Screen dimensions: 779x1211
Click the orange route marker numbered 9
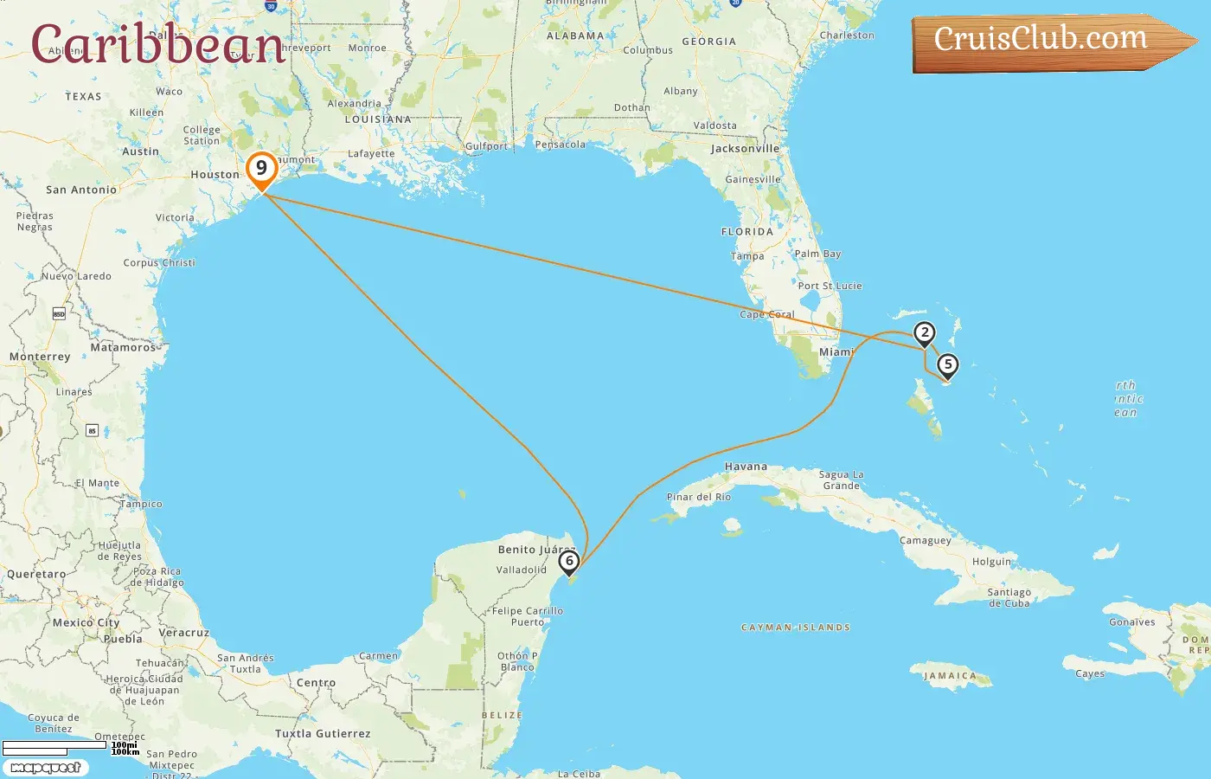pyautogui.click(x=261, y=169)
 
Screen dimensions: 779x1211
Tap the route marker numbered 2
pyautogui.click(x=925, y=333)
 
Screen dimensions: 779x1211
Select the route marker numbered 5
pyautogui.click(x=948, y=365)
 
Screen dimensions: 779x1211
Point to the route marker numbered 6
pyautogui.click(x=569, y=562)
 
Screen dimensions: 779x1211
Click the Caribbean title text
pyautogui.click(x=158, y=43)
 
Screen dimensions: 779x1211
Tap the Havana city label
pyautogui.click(x=746, y=467)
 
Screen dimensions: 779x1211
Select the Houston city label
pyautogui.click(x=215, y=175)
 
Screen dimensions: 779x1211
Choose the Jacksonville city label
pyautogui.click(x=745, y=149)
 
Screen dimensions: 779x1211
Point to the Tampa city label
pyautogui.click(x=747, y=256)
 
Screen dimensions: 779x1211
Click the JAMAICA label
pyautogui.click(x=950, y=676)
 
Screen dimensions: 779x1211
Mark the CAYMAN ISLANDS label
pyautogui.click(x=796, y=628)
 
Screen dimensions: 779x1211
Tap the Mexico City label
pyautogui.click(x=86, y=622)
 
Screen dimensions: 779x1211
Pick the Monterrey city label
pyautogui.click(x=40, y=357)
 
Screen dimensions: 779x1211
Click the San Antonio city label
pyautogui.click(x=81, y=190)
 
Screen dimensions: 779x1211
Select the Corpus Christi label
pyautogui.click(x=159, y=263)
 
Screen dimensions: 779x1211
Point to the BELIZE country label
pyautogui.click(x=502, y=716)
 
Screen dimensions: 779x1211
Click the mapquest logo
pyautogui.click(x=46, y=768)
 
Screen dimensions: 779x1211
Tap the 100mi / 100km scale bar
pyautogui.click(x=69, y=746)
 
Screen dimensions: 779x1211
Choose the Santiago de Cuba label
pyautogui.click(x=1009, y=598)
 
